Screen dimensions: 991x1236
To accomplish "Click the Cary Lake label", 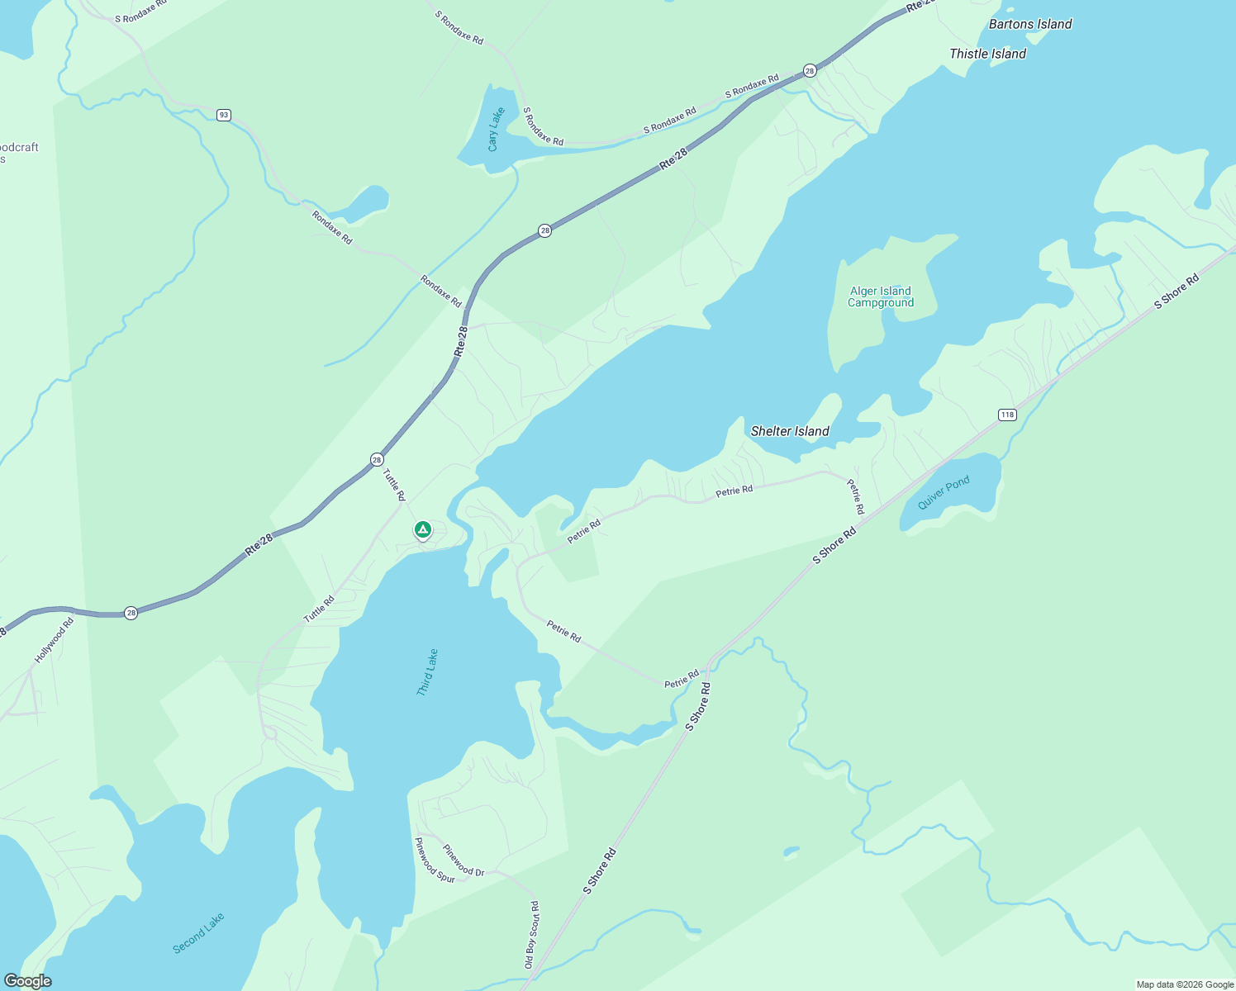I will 495,130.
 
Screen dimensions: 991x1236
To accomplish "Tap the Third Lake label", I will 427,672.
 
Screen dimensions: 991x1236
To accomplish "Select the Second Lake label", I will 198,933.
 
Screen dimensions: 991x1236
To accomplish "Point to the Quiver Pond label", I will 944,493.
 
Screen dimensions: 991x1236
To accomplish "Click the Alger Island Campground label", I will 881,296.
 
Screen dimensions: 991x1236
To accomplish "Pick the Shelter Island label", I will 790,431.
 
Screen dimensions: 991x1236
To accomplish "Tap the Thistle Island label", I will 987,54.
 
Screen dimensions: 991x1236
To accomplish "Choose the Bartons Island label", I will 1030,24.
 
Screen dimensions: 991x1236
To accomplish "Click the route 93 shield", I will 224,115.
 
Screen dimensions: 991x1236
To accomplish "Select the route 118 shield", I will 1006,415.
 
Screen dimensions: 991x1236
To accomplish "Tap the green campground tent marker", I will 423,529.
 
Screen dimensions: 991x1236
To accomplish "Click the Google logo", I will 27,981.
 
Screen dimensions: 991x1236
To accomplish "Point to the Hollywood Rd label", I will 55,640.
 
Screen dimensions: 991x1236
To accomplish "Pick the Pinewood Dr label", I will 463,861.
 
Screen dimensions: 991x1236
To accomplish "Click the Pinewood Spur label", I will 435,861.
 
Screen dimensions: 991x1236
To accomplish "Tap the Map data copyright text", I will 1185,984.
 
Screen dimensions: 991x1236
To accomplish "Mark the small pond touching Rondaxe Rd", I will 365,203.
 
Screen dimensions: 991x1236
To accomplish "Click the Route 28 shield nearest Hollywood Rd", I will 131,613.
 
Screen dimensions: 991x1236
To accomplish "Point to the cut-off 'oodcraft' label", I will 18,149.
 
